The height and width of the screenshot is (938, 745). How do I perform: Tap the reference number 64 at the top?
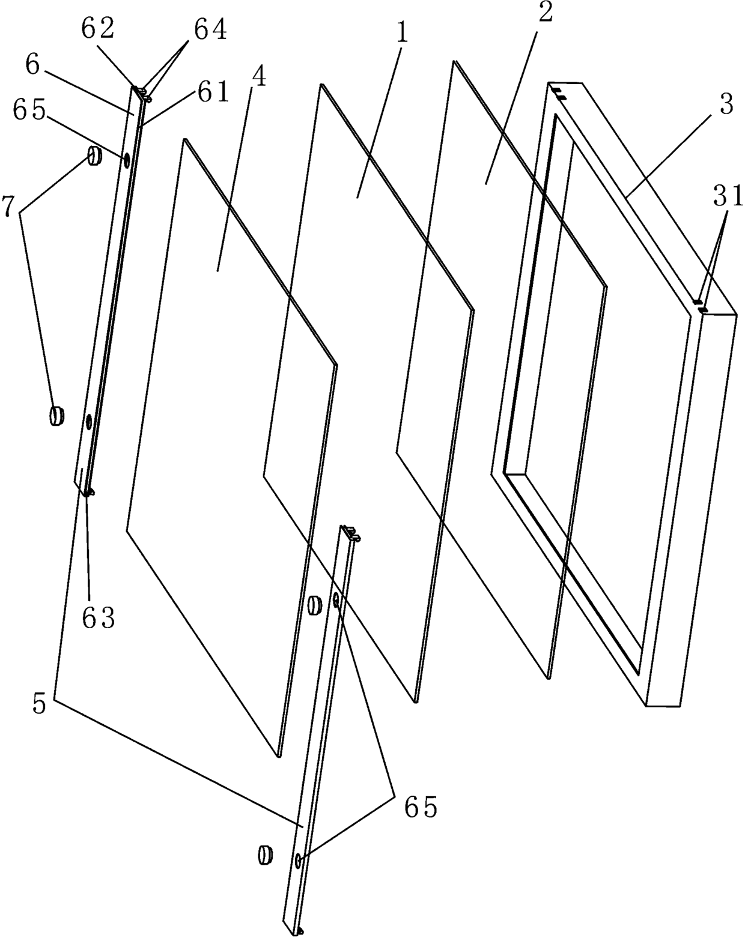[210, 30]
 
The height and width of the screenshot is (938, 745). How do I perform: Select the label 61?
[212, 94]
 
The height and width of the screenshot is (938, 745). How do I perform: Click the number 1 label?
[401, 34]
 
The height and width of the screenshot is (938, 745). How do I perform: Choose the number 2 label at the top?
[544, 14]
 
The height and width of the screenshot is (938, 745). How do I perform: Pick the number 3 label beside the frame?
[726, 106]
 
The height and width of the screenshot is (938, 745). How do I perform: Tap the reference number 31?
[728, 197]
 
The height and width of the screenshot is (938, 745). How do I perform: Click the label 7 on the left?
[9, 207]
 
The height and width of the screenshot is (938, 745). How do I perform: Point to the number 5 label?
[39, 704]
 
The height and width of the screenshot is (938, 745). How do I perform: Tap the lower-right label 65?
[420, 808]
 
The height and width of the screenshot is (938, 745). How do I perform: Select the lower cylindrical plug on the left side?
[57, 415]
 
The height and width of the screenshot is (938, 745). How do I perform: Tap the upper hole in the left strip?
[127, 160]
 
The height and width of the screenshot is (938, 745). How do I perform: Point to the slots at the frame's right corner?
[700, 306]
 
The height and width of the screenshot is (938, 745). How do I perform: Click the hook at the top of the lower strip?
[353, 532]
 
